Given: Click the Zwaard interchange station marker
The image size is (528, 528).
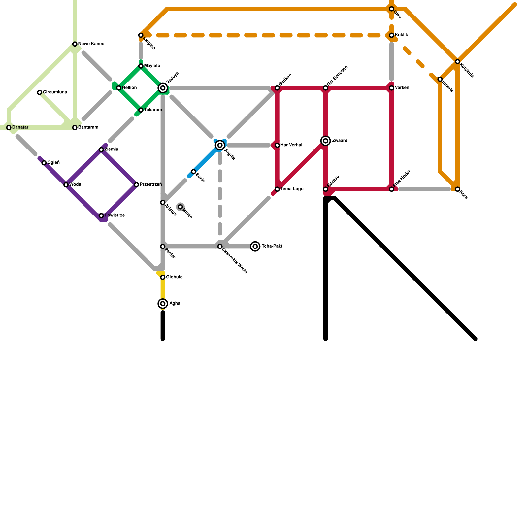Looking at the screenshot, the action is point(326,141).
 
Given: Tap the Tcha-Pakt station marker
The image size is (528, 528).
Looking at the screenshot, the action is point(255,247).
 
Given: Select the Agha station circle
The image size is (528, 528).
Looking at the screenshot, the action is point(163,304).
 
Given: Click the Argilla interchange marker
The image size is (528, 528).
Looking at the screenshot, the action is point(220,145).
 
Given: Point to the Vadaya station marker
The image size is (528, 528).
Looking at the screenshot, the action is point(163,88).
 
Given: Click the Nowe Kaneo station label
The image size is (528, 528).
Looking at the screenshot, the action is point(91,44).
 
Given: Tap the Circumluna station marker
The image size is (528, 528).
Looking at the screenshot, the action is point(40,92).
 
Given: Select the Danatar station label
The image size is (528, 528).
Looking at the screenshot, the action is point(20,127).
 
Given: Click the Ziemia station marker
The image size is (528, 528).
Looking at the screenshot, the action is point(101,150).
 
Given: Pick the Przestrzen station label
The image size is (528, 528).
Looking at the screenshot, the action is point(150,185).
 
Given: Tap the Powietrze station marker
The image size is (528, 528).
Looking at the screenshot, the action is point(101,216).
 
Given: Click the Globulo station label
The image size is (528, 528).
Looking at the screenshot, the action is point(174,277).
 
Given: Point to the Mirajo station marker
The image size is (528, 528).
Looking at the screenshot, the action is point(180,207).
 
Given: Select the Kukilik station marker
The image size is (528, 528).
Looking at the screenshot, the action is point(392,35).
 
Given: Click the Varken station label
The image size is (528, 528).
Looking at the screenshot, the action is point(402,88).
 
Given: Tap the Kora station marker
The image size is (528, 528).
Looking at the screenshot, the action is point(458,189).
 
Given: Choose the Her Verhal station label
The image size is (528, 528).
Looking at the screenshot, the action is point(291,145).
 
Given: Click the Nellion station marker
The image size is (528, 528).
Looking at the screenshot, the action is point(119,88).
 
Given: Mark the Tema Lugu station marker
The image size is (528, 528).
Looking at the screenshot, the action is point(277,189).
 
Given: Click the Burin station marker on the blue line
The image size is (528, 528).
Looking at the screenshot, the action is point(194,172).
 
